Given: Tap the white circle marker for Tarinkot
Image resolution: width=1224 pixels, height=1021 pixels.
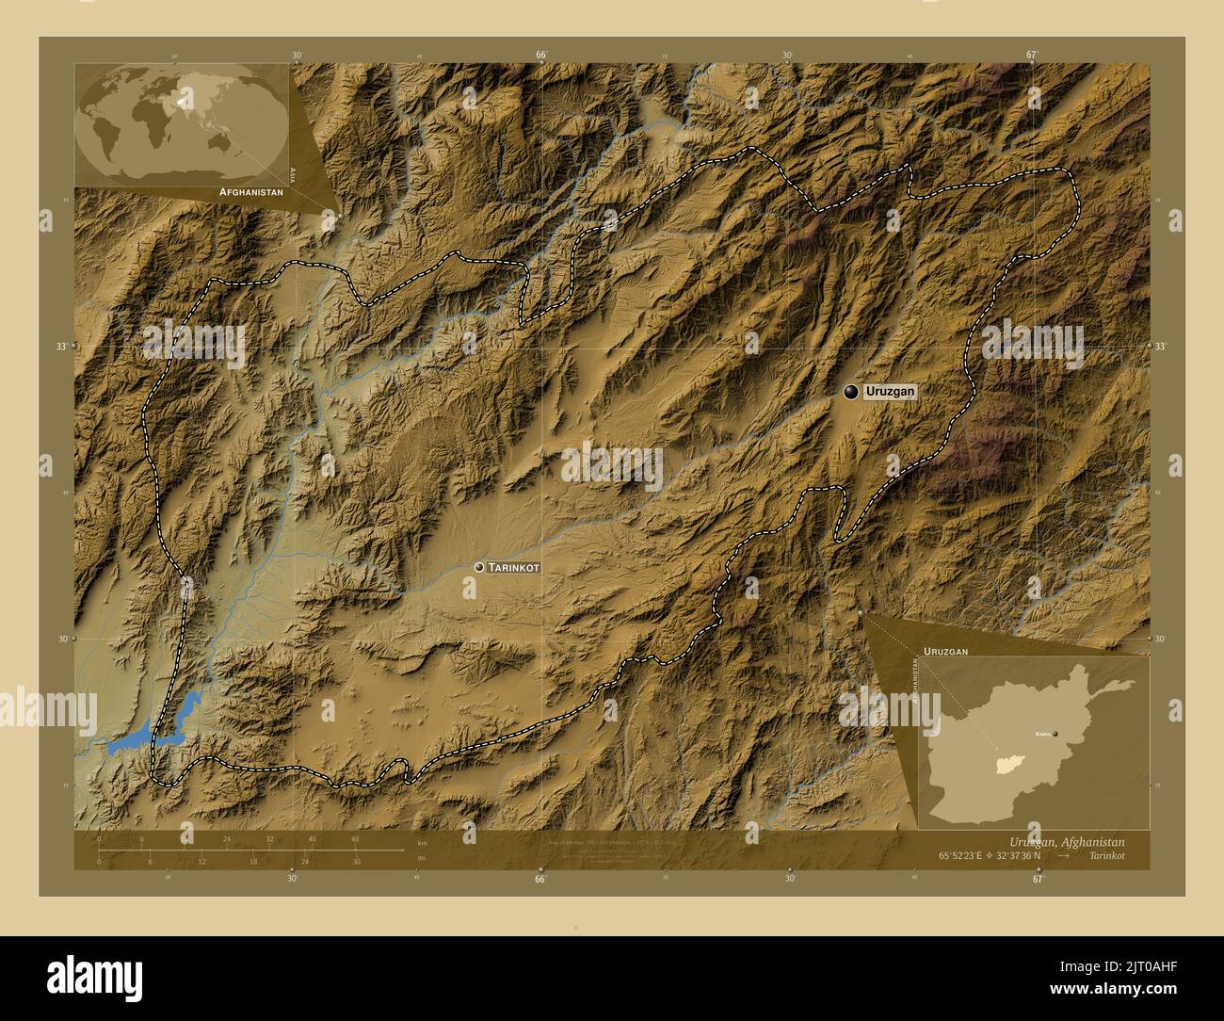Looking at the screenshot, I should pyautogui.click(x=480, y=567).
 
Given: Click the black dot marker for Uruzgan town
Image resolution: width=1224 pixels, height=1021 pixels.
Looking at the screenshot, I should pyautogui.click(x=851, y=392).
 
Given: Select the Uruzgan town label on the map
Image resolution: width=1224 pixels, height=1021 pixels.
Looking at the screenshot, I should pyautogui.click(x=890, y=392).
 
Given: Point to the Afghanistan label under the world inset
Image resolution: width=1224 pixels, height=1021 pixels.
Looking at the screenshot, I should pyautogui.click(x=250, y=191).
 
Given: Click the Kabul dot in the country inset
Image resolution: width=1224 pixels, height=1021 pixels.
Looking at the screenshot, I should pyautogui.click(x=1055, y=734).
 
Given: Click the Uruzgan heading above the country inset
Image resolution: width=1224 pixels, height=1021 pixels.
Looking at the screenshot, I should pyautogui.click(x=945, y=651).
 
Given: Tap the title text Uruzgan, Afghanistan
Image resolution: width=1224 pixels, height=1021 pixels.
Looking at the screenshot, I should pyautogui.click(x=1065, y=841).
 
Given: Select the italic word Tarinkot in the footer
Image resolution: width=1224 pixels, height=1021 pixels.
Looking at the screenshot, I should pyautogui.click(x=1103, y=856).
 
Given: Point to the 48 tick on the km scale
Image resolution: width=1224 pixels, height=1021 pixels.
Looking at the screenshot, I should pyautogui.click(x=355, y=839).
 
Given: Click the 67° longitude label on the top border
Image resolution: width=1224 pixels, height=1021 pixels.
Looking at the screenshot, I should pyautogui.click(x=1033, y=55).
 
